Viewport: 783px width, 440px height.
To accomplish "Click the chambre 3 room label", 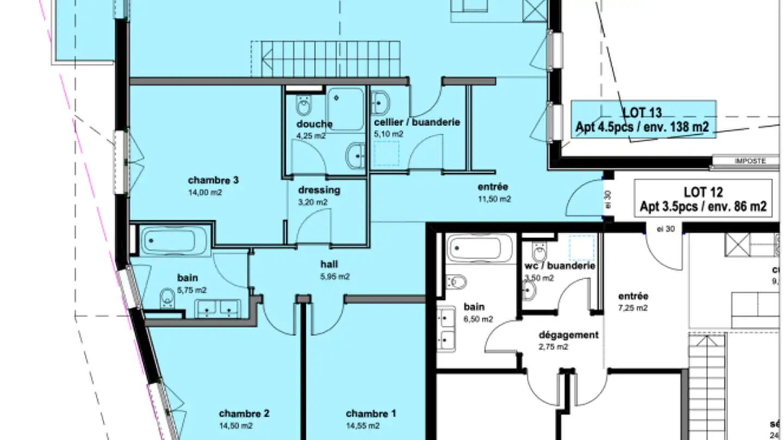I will [x=213, y=180].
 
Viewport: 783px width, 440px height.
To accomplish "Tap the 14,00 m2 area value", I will [x=205, y=192].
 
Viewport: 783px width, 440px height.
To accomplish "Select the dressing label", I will [x=319, y=190].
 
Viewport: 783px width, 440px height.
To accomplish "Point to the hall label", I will [x=329, y=265].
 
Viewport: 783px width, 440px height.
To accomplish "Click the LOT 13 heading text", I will [x=642, y=112].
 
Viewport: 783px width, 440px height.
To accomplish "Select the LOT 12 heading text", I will [x=703, y=192].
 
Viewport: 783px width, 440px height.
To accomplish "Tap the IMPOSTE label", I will [x=750, y=161].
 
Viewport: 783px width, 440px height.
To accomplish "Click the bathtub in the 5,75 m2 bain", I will [x=173, y=240].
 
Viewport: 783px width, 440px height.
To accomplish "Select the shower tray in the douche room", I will [x=345, y=109].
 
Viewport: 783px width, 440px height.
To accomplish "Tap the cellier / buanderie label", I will [x=417, y=122].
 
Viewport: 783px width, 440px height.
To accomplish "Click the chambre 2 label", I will [x=244, y=414].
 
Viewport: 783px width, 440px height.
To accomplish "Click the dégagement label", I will [x=568, y=335].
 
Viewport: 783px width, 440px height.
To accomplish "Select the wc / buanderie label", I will [x=560, y=266].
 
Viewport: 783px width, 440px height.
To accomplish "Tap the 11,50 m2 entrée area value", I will [x=494, y=199].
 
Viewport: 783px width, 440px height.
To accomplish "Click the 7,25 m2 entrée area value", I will [x=633, y=308].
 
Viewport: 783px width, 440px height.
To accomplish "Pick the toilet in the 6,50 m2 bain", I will [x=457, y=282].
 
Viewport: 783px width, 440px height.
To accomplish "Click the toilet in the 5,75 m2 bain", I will [x=168, y=296].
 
